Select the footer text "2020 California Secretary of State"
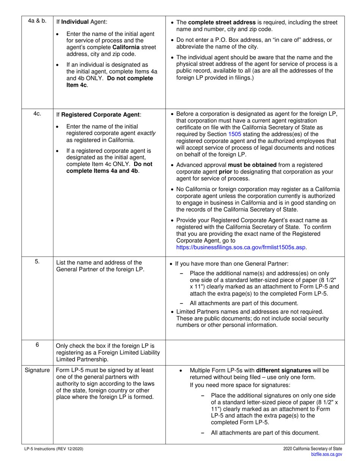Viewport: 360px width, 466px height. [x=313, y=449]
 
